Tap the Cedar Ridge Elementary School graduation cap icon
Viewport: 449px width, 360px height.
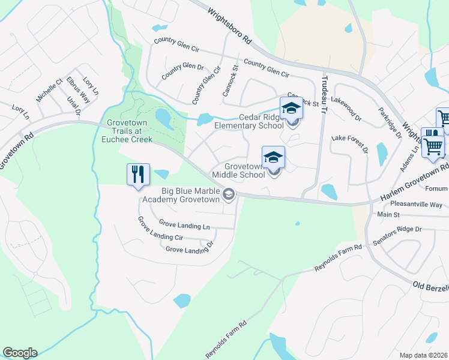pyautogui.click(x=291, y=109)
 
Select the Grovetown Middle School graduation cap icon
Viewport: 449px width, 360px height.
pyautogui.click(x=273, y=157)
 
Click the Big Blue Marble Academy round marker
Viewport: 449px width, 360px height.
pyautogui.click(x=228, y=194)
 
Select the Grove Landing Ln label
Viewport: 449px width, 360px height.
pyautogui.click(x=184, y=226)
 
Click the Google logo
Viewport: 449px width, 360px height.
pyautogui.click(x=20, y=353)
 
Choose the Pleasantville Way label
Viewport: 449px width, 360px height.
pyautogui.click(x=416, y=205)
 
